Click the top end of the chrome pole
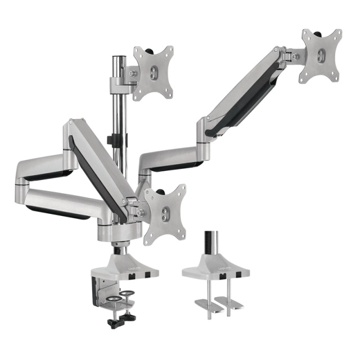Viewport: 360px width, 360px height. tap(118, 58)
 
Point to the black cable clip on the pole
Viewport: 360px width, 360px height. tap(118, 139)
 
